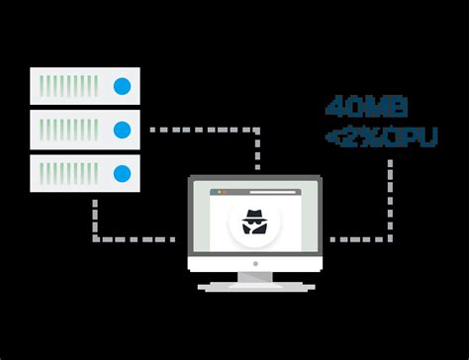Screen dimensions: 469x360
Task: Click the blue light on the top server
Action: click(123, 86)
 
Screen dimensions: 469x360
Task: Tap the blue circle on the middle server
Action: click(123, 129)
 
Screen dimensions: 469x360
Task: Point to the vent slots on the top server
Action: click(68, 86)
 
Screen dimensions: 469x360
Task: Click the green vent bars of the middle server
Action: click(68, 129)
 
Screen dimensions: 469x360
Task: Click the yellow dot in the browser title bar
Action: click(224, 192)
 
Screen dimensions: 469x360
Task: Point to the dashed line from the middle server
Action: click(198, 129)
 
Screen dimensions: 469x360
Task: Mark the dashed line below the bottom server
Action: click(96, 218)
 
